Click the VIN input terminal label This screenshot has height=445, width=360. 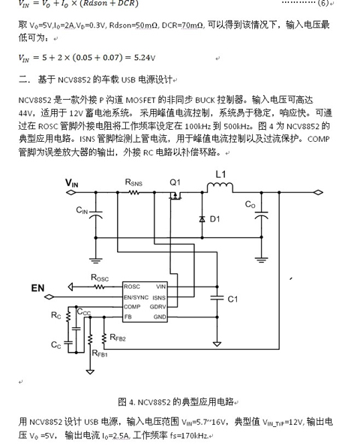coord(71,183)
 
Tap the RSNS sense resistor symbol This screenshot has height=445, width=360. coord(134,193)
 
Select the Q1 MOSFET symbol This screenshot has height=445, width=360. coord(175,195)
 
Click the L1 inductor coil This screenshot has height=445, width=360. coord(220,188)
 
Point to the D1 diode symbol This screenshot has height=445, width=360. coord(202,219)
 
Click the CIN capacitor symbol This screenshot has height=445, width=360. coord(95,215)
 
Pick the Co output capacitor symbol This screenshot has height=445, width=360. coord(261,215)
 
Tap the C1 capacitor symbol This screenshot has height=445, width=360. coord(217,298)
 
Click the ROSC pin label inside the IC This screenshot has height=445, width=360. coord(132,287)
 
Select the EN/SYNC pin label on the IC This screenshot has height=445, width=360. coord(136,297)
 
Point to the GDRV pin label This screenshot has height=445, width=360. coord(157,307)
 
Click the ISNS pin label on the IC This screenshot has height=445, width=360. coord(159,298)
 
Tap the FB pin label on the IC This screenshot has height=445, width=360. coord(127,317)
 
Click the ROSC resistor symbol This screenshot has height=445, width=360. coord(99,287)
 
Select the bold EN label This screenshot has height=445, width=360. coord(37,288)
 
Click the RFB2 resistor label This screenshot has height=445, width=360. coord(118,338)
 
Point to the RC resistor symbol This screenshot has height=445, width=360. coord(68,317)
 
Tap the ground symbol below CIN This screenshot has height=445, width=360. coord(95,260)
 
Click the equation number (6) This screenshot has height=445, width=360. coord(322,3)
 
